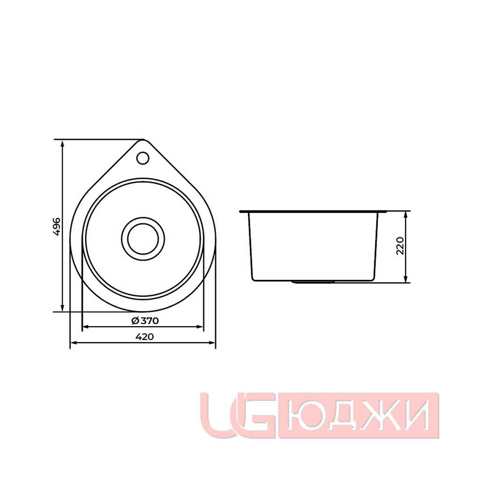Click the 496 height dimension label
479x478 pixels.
(x=57, y=226)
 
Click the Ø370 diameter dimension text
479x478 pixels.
(x=145, y=321)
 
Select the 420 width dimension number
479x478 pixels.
(x=145, y=337)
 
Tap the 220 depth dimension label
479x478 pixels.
(x=400, y=246)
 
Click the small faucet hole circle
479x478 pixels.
(x=143, y=158)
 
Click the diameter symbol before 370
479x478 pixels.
(x=135, y=321)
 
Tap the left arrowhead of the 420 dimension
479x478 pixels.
(x=73, y=343)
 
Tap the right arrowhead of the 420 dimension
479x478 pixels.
(x=212, y=343)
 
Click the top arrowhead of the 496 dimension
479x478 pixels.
(x=62, y=143)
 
